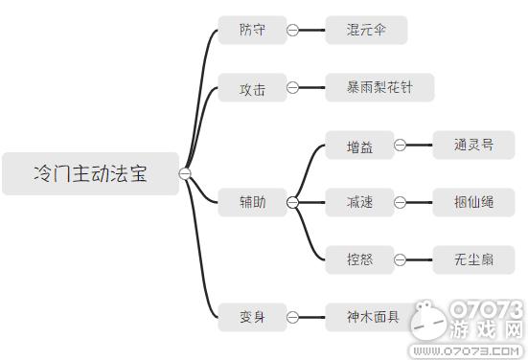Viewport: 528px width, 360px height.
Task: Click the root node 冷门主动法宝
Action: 90,173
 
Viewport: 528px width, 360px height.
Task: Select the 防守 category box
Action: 253,30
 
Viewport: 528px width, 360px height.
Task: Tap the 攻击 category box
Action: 253,88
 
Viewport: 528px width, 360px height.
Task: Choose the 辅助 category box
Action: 253,202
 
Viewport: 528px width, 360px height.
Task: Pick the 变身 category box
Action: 253,316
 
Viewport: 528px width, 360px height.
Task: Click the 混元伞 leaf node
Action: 366,30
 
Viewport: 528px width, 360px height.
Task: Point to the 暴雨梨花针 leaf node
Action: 379,88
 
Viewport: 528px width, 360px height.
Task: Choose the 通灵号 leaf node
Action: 473,146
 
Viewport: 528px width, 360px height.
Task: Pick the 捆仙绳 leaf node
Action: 473,202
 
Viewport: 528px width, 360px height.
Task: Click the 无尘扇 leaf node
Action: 473,259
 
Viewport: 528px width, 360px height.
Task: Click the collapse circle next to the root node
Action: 186,173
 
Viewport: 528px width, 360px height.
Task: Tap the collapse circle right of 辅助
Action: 293,202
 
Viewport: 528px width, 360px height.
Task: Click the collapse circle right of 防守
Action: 293,30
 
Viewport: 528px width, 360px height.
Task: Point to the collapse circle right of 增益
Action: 400,146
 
